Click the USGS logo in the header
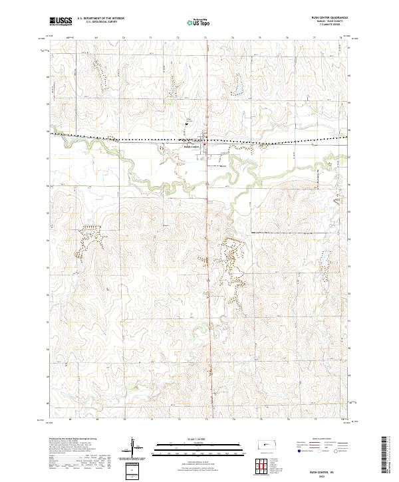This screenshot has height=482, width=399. click(x=61, y=22)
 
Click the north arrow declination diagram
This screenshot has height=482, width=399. click(x=133, y=449)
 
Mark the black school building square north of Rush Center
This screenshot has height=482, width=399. click(x=187, y=122)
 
